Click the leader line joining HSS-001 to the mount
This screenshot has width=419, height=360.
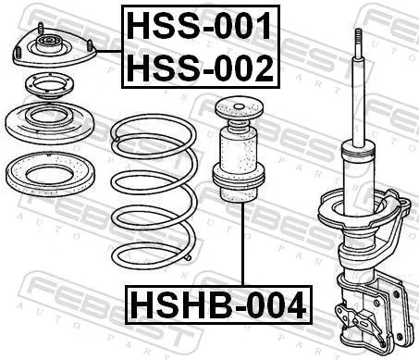[109, 51]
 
